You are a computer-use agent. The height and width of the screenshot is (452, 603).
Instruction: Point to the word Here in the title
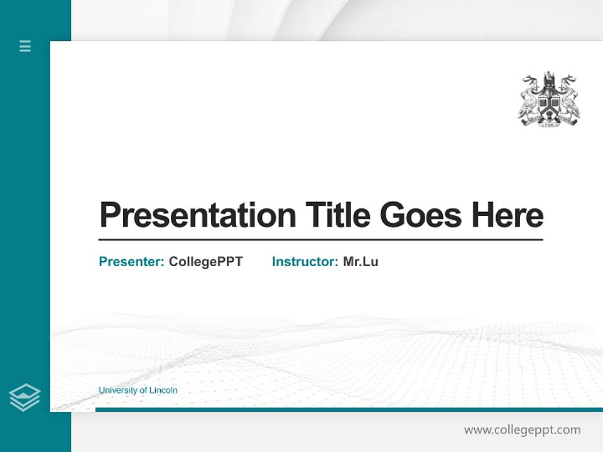point(507,215)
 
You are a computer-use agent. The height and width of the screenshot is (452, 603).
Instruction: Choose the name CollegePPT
point(205,262)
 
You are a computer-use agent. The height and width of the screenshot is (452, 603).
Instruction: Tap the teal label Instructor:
point(305,262)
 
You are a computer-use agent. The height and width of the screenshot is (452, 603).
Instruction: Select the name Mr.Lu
point(361,262)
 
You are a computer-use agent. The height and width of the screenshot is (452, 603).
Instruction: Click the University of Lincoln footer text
point(138,390)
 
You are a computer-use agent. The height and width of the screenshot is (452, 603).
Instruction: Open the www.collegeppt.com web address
point(522,430)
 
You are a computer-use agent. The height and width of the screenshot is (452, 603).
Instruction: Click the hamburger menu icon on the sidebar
point(25,46)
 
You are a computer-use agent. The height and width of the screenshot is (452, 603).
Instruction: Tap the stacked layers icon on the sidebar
point(24,397)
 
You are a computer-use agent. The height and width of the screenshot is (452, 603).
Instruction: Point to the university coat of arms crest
point(549,99)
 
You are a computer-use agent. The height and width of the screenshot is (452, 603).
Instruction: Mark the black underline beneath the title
point(320,240)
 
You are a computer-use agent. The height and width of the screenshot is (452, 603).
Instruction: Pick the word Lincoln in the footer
point(163,390)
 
